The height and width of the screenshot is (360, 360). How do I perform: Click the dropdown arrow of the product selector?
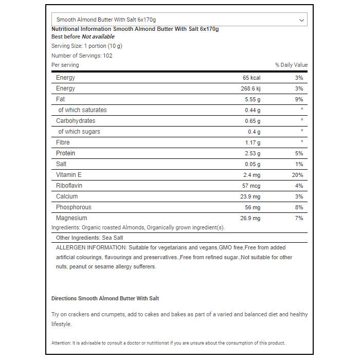(301, 20)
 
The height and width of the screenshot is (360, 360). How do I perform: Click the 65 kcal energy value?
(251, 78)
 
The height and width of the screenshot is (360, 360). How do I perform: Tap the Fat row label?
(61, 99)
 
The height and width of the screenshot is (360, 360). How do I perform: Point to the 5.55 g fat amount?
(251, 99)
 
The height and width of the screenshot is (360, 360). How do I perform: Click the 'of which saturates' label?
(82, 110)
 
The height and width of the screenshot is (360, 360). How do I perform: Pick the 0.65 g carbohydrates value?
(252, 121)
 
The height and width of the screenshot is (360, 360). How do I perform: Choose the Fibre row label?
(63, 142)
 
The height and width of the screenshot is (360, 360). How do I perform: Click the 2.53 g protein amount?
(252, 153)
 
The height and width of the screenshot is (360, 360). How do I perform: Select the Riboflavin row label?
(69, 186)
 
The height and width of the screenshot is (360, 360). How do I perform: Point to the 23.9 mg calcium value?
(250, 196)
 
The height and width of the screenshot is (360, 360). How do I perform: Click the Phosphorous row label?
(74, 207)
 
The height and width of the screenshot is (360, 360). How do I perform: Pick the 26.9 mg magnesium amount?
(250, 218)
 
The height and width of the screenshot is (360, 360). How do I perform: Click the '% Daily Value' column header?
(291, 65)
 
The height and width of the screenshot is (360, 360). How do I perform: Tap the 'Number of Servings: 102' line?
(82, 56)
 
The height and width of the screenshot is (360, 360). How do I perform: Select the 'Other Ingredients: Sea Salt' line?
(89, 238)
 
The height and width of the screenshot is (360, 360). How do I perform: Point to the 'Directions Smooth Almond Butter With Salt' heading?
(105, 298)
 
